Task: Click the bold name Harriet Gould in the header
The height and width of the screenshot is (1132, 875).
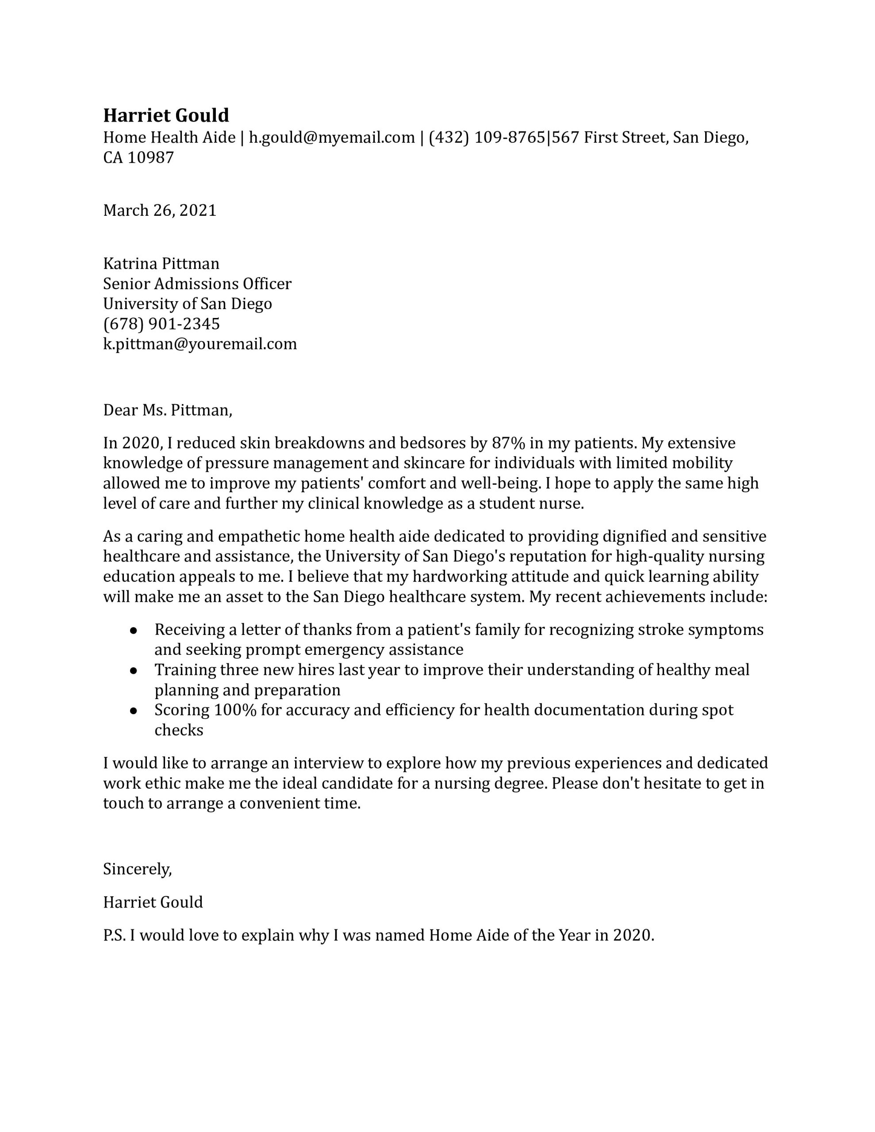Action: (165, 115)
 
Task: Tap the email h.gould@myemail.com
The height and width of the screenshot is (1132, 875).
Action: (331, 138)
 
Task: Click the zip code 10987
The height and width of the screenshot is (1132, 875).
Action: (150, 157)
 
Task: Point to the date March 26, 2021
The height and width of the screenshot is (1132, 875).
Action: (160, 210)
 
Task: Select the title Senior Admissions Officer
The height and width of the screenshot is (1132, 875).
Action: (197, 284)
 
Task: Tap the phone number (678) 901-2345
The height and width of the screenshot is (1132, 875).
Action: (161, 324)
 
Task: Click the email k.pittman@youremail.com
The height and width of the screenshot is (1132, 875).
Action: (200, 344)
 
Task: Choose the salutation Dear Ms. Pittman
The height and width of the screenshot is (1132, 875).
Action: (168, 410)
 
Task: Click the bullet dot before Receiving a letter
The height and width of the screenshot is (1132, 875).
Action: (133, 630)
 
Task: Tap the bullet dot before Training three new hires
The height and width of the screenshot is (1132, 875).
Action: (133, 670)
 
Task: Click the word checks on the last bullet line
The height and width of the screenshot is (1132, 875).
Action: (178, 730)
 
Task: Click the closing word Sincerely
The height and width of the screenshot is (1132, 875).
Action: (137, 869)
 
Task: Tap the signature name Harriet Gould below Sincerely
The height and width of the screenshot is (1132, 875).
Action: (153, 903)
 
